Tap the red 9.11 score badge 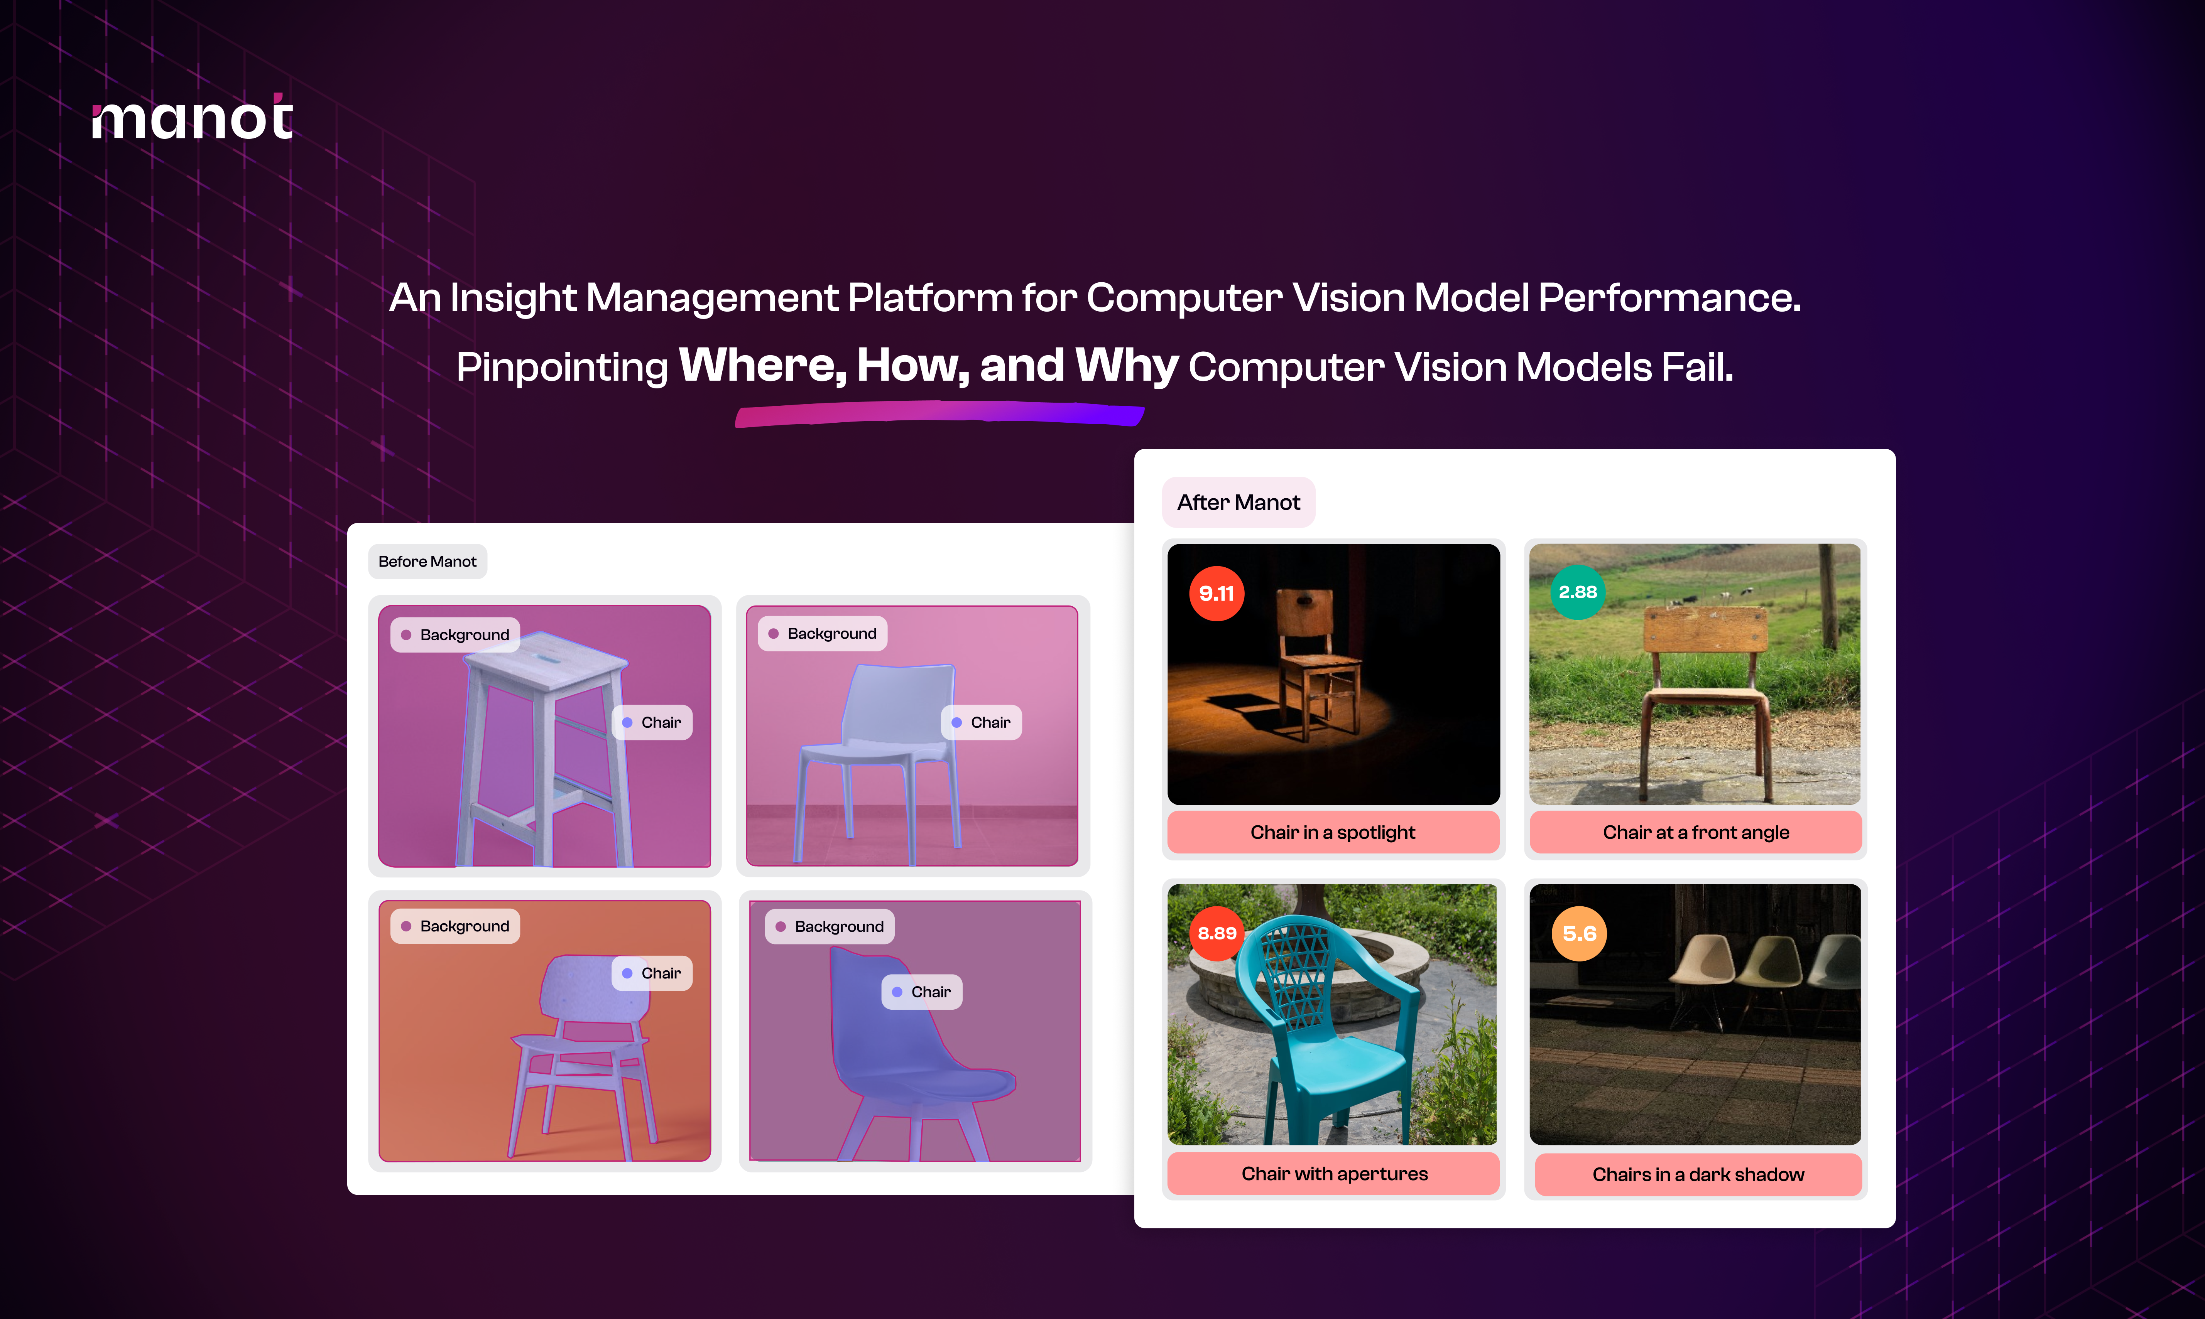[1216, 593]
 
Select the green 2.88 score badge [1577, 591]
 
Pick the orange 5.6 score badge [1579, 933]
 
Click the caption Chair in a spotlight [1333, 832]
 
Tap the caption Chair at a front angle [1696, 832]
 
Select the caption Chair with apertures [1334, 1173]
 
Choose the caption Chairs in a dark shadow [1698, 1174]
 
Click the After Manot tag [1239, 502]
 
